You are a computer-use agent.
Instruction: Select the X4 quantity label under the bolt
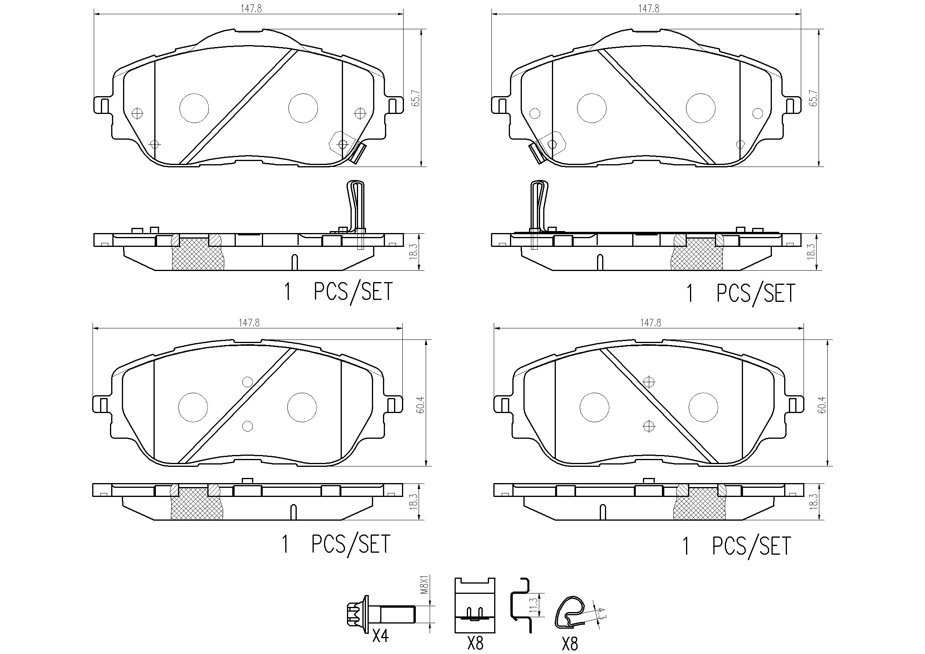(380, 635)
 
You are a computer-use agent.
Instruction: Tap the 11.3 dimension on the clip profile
(534, 605)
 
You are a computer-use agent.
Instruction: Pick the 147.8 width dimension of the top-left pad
(251, 9)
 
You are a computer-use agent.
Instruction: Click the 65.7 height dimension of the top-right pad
(813, 98)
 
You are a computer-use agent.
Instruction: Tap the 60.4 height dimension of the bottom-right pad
(822, 405)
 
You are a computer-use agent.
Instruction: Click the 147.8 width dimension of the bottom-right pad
(650, 323)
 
